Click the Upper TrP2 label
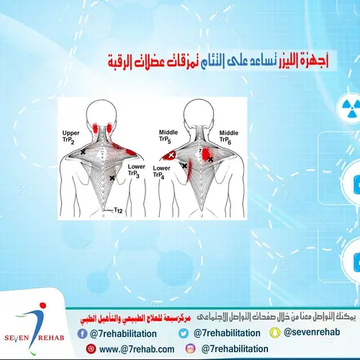coord(71,137)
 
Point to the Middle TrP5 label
coord(168,137)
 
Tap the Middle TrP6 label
coord(229,137)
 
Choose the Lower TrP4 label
coord(162,172)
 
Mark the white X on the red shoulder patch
coord(171,155)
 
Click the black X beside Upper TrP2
coord(83,153)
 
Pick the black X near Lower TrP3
coord(112,177)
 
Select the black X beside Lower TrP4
coord(184,166)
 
